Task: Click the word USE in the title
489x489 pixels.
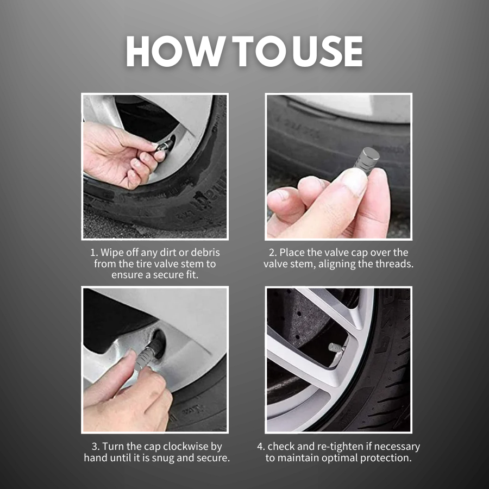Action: click(330, 52)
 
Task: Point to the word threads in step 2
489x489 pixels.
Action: click(396, 264)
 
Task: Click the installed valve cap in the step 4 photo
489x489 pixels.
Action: click(336, 348)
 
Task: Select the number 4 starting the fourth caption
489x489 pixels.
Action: click(260, 447)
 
